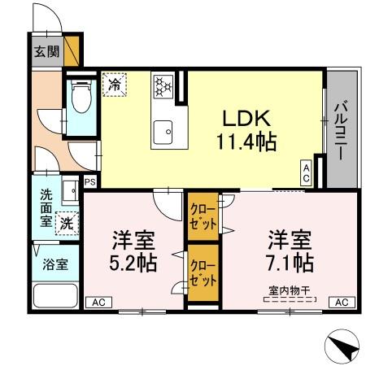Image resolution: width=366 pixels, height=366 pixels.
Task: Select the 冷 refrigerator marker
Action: tap(115, 83)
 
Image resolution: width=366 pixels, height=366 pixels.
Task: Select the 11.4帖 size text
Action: tap(246, 142)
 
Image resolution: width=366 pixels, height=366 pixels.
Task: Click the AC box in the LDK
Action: tap(307, 171)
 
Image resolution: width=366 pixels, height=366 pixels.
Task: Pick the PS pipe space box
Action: tap(89, 182)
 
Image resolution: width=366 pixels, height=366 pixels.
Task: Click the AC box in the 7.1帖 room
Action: tap(342, 302)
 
